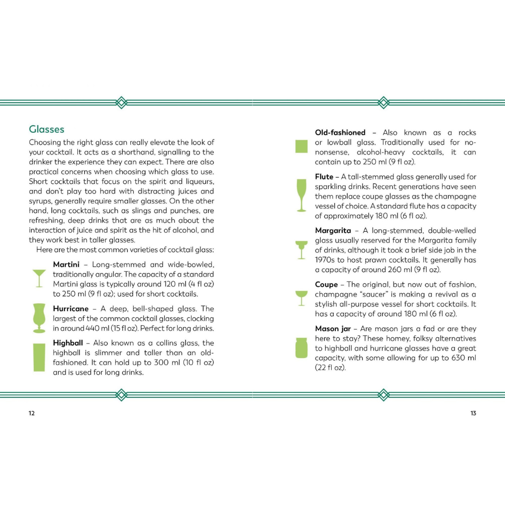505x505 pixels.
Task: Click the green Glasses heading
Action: point(46,130)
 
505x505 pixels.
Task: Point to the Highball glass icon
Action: point(39,357)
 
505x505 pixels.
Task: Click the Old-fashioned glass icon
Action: point(301,146)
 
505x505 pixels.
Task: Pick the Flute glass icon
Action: point(301,195)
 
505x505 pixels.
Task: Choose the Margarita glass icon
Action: point(301,249)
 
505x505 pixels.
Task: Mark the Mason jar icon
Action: point(301,348)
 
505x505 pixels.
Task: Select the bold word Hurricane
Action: point(71,309)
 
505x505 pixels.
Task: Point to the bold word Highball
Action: point(68,343)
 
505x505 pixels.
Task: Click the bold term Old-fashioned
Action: point(340,133)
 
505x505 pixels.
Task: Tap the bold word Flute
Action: point(324,177)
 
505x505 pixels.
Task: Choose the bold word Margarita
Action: point(333,231)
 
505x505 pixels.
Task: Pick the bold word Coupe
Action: point(327,285)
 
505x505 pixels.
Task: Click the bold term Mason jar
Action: point(333,329)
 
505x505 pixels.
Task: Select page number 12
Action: point(32,413)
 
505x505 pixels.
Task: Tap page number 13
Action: point(473,413)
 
